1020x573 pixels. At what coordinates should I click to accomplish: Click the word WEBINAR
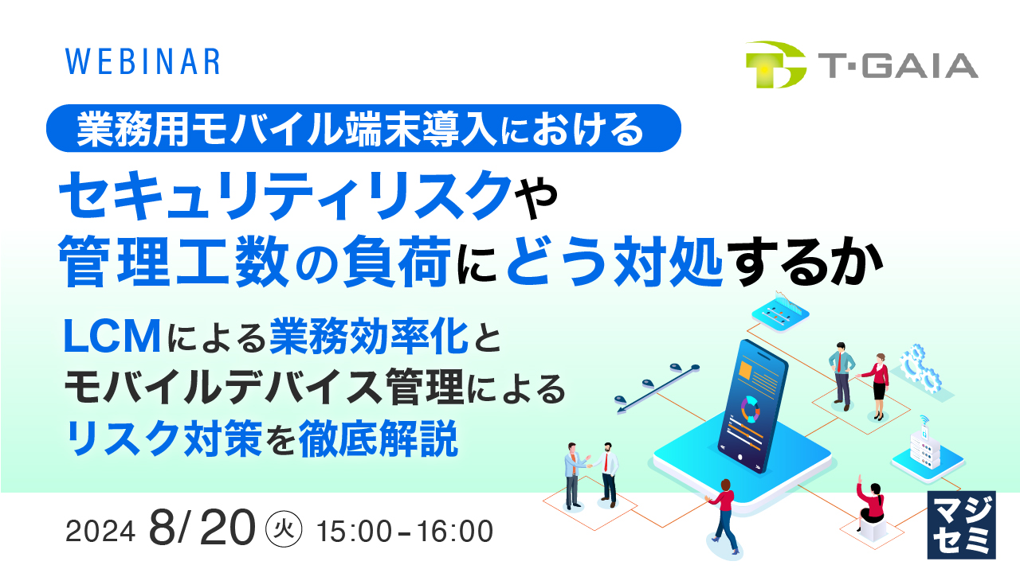[142, 62]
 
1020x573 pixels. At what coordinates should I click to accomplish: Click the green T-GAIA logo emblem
[775, 64]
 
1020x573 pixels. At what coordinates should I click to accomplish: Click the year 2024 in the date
[100, 532]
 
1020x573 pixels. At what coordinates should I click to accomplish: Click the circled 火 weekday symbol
[286, 531]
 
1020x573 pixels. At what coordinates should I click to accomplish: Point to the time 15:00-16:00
[405, 532]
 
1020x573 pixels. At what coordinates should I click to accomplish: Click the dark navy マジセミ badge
[962, 524]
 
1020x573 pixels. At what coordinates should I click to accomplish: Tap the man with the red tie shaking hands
[608, 473]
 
